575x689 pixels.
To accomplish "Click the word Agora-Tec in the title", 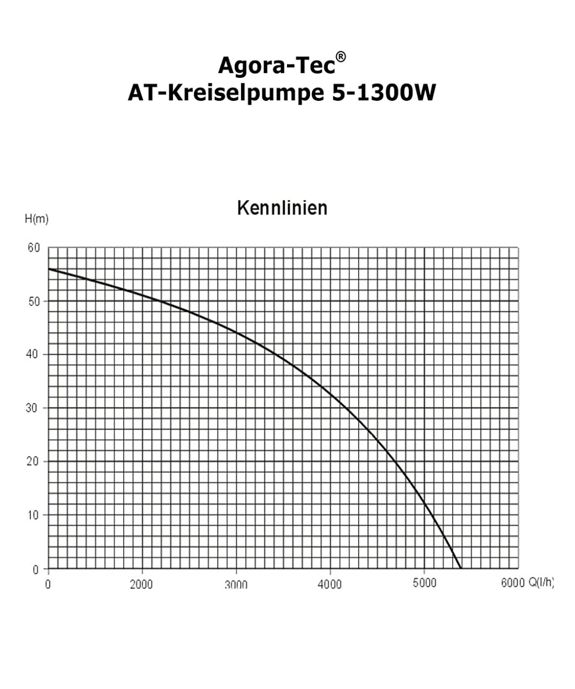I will point(276,66).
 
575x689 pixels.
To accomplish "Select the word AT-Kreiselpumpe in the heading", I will point(226,93).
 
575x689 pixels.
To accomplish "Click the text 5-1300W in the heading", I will point(384,93).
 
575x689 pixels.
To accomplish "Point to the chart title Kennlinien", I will point(282,208).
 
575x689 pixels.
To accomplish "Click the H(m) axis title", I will point(37,219).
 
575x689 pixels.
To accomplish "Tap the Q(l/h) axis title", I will point(541,583).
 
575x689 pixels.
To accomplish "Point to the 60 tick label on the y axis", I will point(34,248).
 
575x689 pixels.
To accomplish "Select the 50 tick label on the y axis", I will point(34,302).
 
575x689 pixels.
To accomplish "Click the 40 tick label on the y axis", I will point(32,354).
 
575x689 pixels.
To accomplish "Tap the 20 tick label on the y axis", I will point(32,461).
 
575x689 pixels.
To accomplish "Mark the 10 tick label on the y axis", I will point(33,515).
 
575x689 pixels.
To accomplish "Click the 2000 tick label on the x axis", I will point(141,584).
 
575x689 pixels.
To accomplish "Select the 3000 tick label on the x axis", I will point(236,584).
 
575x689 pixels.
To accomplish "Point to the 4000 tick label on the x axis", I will point(329,584).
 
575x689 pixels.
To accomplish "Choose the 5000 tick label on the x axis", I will point(424,583).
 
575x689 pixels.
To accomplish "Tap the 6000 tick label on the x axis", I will point(513,583).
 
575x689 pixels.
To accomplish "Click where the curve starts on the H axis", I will point(49,269).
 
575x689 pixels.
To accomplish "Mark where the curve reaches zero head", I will point(461,568).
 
